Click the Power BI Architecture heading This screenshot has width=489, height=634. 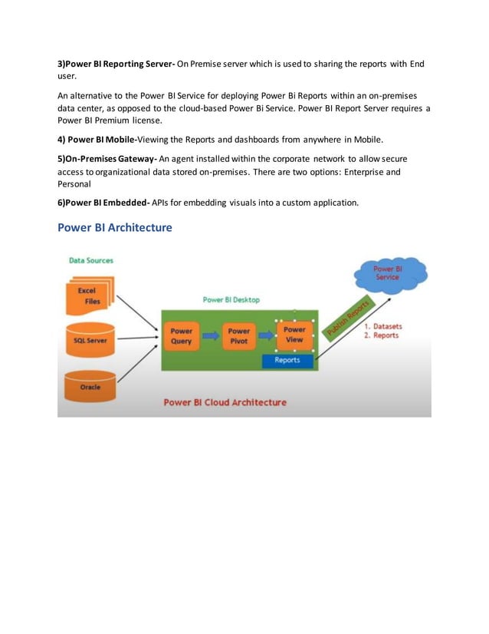pos(115,228)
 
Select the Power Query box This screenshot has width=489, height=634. pos(182,335)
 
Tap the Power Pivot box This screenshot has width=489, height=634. pos(238,335)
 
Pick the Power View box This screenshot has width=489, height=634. pos(294,335)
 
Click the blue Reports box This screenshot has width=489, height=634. pos(287,360)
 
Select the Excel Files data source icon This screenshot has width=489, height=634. pos(89,297)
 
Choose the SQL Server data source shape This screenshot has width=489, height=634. pos(90,339)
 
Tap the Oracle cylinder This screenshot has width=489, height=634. pos(90,387)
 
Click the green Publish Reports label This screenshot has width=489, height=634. pos(349,319)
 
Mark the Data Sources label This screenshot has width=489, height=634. pos(90,261)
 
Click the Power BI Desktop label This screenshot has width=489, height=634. pos(231,300)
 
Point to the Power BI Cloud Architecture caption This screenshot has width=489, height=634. pos(225,402)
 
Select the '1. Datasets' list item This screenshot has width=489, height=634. pos(382,326)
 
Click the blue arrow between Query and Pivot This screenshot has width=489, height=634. pos(210,335)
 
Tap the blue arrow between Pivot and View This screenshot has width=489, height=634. pos(267,335)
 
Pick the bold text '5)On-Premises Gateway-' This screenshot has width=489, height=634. pos(107,158)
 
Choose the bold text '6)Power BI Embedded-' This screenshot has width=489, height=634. pos(106,203)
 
